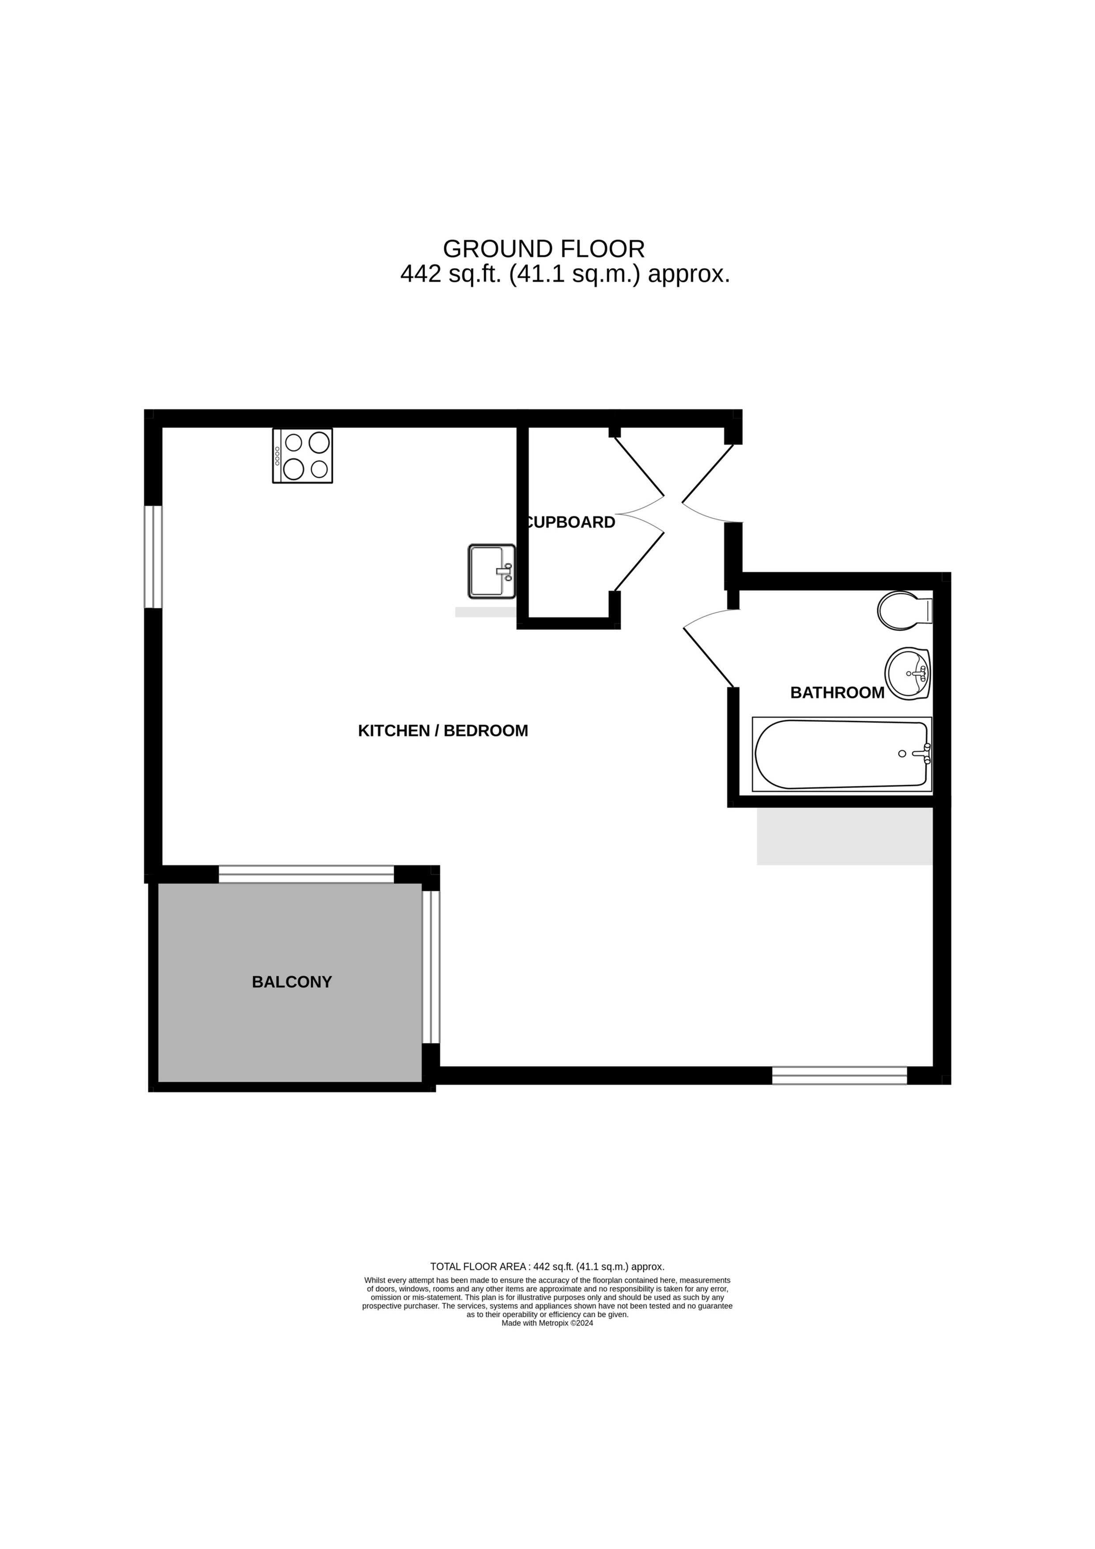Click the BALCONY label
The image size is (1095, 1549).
(291, 982)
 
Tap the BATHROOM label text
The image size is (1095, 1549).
(837, 692)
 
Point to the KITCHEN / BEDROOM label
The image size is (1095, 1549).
(442, 731)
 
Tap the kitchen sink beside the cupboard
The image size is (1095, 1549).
(492, 571)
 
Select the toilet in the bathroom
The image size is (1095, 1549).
(905, 611)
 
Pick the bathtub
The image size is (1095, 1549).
(842, 754)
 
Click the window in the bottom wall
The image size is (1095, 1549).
(839, 1075)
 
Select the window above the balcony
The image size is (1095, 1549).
(306, 874)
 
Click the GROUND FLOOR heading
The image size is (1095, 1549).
(544, 249)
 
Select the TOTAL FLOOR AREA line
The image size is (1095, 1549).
(547, 1267)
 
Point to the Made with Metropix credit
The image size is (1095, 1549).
(547, 1323)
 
